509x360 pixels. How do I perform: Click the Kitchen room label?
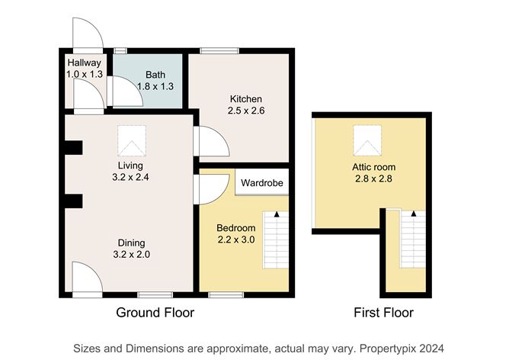(x=245, y=99)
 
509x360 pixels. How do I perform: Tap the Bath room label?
(x=155, y=75)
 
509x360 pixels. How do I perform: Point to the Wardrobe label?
(x=261, y=183)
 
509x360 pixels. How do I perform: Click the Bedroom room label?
(x=235, y=227)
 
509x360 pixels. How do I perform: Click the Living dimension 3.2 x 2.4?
(x=125, y=178)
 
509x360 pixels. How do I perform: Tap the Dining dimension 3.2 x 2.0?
(x=125, y=255)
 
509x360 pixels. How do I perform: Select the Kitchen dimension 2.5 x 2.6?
(x=245, y=111)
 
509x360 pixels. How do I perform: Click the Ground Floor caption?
(x=155, y=313)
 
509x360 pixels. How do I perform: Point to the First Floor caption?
(x=383, y=313)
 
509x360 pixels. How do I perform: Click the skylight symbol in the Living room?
(x=130, y=140)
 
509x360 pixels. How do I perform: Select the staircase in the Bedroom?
(x=276, y=238)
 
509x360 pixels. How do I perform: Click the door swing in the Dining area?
(x=85, y=277)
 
